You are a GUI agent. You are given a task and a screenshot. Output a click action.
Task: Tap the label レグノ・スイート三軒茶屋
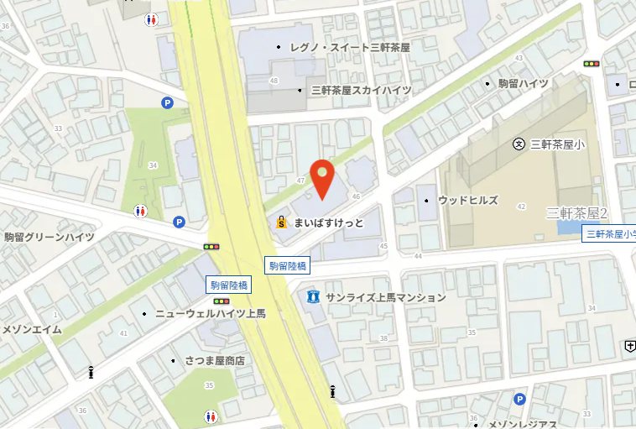pos(349,49)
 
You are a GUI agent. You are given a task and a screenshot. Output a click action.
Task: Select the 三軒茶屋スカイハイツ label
pos(361,90)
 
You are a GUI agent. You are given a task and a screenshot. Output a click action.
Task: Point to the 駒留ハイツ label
pos(523,84)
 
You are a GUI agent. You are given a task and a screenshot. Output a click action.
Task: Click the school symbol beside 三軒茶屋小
pos(519,144)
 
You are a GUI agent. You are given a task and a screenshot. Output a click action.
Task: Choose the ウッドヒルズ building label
pos(467,201)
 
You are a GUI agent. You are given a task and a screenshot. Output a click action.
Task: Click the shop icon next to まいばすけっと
pos(284,223)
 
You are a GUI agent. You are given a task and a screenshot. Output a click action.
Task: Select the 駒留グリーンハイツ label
pos(49,238)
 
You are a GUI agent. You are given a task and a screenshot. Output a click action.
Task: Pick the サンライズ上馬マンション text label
pos(385,297)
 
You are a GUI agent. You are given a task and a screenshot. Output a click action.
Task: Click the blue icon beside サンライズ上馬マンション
pos(313,296)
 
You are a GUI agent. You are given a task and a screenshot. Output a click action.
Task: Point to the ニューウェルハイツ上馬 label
pos(210,314)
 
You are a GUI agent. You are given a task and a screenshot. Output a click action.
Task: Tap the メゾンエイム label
pos(31,329)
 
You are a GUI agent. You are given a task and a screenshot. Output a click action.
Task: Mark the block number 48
pos(274,81)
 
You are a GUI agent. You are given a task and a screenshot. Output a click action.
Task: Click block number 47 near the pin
pos(300,181)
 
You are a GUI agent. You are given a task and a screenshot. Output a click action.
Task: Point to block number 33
pos(58,128)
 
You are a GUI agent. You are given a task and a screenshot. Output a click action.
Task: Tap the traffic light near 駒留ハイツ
pos(593,63)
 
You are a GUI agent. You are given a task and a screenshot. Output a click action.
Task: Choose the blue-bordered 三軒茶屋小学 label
pos(609,234)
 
